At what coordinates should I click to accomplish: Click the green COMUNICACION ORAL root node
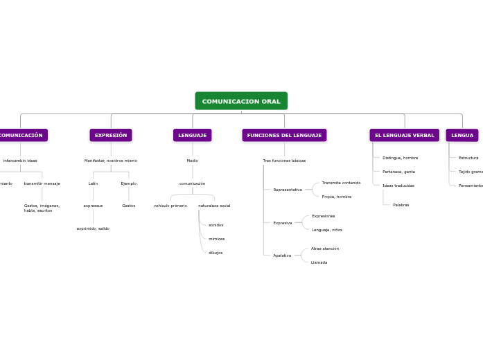pyautogui.click(x=241, y=101)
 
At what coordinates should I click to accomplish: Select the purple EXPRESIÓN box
pyautogui.click(x=111, y=135)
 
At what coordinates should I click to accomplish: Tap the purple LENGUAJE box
pyautogui.click(x=192, y=135)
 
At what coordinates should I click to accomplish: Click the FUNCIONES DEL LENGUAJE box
pyautogui.click(x=284, y=135)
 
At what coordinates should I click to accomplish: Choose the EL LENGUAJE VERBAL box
pyautogui.click(x=404, y=135)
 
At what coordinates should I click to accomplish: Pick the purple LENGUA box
pyautogui.click(x=462, y=135)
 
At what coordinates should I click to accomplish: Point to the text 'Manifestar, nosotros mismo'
pyautogui.click(x=111, y=161)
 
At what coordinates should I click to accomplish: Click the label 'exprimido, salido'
pyautogui.click(x=93, y=228)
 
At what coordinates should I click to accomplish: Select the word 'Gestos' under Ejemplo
pyautogui.click(x=129, y=206)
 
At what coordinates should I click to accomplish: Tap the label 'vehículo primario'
pyautogui.click(x=170, y=206)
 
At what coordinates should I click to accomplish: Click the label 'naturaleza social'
pyautogui.click(x=214, y=206)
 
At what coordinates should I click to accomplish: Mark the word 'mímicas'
pyautogui.click(x=216, y=239)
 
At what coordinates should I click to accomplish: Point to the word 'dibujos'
pyautogui.click(x=216, y=253)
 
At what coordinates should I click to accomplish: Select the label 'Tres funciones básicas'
pyautogui.click(x=284, y=161)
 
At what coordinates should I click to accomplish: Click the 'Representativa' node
pyautogui.click(x=288, y=190)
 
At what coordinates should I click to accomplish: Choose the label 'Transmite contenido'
pyautogui.click(x=341, y=183)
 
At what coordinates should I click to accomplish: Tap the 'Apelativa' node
pyautogui.click(x=282, y=255)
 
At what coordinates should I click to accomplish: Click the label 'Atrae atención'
pyautogui.click(x=325, y=249)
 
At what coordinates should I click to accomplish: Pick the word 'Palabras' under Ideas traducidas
pyautogui.click(x=401, y=205)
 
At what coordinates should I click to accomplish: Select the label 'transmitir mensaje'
pyautogui.click(x=42, y=183)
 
